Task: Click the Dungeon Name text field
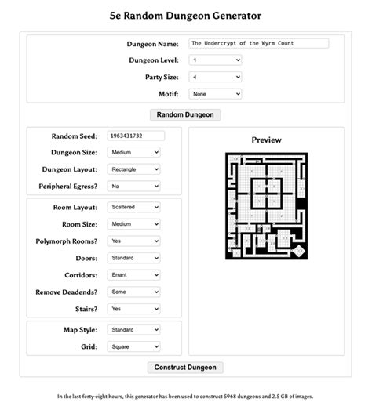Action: pos(258,43)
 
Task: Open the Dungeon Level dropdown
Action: pos(214,60)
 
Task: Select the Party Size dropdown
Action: pos(214,77)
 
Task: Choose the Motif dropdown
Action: pos(214,94)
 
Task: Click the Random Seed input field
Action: pos(136,136)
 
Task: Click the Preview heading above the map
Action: pos(266,140)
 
